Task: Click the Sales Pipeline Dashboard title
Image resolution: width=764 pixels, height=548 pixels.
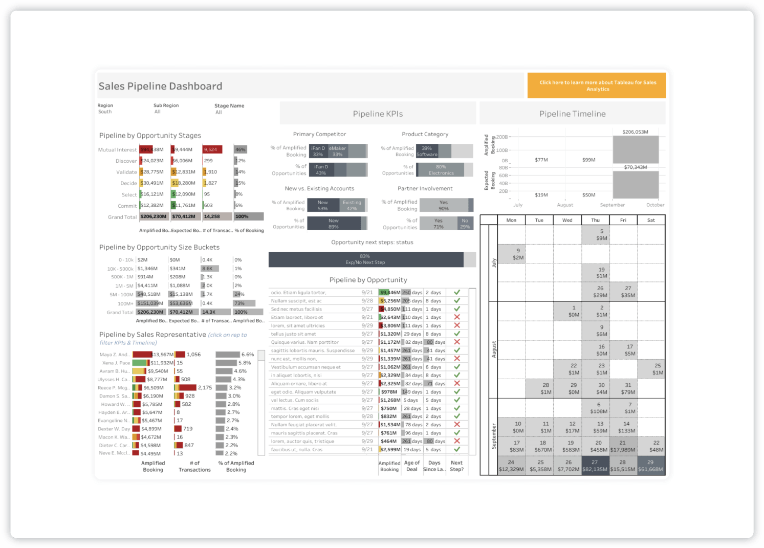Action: pos(160,86)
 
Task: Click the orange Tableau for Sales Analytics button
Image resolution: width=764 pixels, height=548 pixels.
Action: pos(597,85)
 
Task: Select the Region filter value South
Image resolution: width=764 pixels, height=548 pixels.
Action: pos(105,112)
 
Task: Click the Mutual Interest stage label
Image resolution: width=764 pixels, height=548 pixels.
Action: pos(117,150)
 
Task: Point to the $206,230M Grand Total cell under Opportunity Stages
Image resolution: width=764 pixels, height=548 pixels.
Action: pos(153,216)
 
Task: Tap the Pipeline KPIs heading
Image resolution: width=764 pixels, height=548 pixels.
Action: pos(378,114)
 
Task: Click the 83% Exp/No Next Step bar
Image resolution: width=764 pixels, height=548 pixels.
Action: pos(365,259)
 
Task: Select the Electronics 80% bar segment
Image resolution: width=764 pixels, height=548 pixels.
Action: pos(441,170)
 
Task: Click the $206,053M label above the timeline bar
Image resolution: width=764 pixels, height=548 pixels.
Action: pos(635,132)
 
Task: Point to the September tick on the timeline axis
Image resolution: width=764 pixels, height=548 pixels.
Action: pos(612,205)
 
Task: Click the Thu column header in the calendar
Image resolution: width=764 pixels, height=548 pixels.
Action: pos(595,221)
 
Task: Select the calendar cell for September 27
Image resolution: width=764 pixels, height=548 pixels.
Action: pos(595,466)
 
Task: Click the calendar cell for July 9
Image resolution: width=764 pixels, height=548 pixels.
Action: pos(518,254)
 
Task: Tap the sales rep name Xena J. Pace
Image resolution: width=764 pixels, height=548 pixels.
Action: pos(116,363)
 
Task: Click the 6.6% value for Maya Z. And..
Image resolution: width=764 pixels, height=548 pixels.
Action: pos(248,355)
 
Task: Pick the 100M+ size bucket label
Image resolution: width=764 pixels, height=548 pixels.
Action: pos(125,304)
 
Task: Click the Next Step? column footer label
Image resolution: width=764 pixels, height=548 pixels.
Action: pos(456,466)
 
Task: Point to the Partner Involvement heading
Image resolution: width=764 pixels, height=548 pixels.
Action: pos(425,189)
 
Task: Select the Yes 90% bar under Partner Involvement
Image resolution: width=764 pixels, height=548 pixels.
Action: pos(443,205)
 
